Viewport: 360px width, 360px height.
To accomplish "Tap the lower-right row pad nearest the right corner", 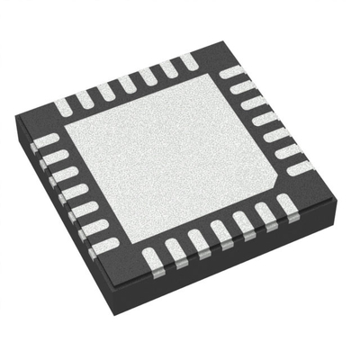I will coord(287,208).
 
